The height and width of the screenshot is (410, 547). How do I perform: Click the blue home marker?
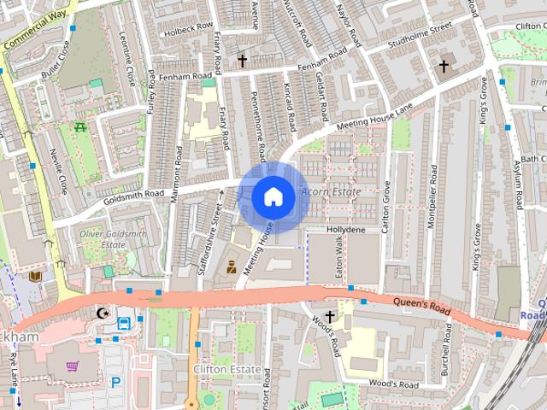coord(273,196)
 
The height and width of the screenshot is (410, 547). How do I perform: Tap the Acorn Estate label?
coord(331,191)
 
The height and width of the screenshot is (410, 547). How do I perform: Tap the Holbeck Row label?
coord(190,26)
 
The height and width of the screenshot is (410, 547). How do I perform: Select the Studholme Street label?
coord(418,34)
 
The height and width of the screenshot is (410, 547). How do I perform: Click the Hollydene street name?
coord(348,230)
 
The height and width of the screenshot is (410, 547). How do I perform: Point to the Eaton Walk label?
coord(339,255)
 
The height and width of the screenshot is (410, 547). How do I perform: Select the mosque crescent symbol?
coord(103,313)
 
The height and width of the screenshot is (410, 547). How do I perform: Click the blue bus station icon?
coord(124,324)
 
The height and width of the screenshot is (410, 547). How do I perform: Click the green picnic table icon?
coord(80,128)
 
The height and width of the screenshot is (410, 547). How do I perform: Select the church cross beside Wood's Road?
coord(330,316)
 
